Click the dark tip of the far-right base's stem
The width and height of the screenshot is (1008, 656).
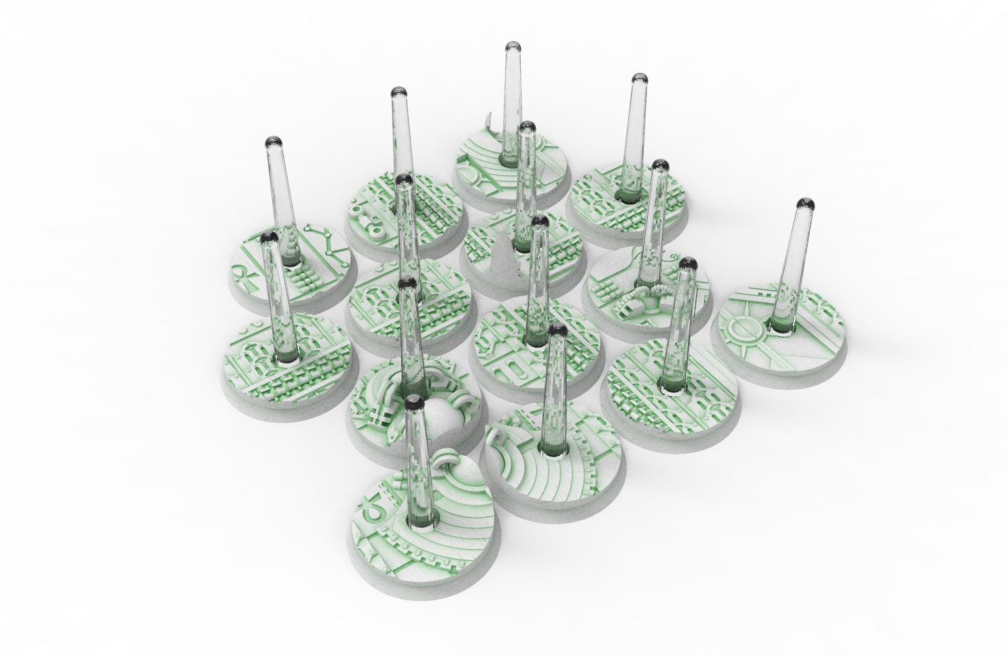tap(804, 203)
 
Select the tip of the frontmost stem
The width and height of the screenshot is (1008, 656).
tap(413, 402)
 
